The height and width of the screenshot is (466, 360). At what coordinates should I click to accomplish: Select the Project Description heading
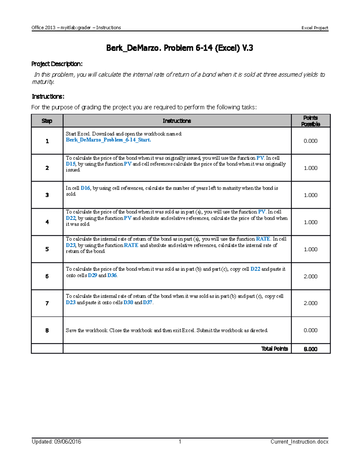click(x=57, y=64)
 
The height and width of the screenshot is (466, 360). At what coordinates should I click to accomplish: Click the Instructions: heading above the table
click(x=48, y=96)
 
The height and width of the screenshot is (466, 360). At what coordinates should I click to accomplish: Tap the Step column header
click(x=47, y=121)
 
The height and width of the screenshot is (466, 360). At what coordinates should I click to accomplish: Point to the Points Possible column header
click(x=310, y=121)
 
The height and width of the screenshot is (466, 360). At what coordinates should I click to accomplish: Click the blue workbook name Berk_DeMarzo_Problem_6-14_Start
click(x=108, y=140)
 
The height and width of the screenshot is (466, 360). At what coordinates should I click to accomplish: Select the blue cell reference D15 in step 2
click(x=70, y=164)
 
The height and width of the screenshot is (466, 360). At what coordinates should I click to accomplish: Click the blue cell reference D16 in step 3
click(x=85, y=188)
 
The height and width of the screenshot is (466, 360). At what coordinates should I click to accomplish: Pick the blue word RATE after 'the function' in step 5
click(x=263, y=239)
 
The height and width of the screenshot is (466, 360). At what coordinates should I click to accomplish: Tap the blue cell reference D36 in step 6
click(x=112, y=275)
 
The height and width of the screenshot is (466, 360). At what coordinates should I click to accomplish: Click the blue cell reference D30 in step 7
click(x=128, y=302)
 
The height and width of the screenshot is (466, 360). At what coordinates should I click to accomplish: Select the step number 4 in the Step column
click(x=47, y=222)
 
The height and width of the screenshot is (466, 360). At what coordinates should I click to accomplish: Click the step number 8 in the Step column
click(x=47, y=330)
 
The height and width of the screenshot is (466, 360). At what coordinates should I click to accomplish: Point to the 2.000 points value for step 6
click(x=310, y=276)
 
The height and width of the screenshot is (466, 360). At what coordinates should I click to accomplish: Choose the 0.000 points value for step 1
click(x=310, y=141)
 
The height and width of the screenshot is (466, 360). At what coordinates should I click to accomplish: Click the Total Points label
click(x=274, y=349)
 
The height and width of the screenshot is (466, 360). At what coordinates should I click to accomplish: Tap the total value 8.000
click(x=310, y=349)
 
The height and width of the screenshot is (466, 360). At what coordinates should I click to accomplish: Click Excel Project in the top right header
click(x=315, y=28)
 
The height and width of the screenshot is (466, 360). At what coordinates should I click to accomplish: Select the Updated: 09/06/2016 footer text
click(x=56, y=442)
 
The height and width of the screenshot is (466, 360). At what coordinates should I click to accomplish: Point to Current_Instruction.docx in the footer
click(x=299, y=442)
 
